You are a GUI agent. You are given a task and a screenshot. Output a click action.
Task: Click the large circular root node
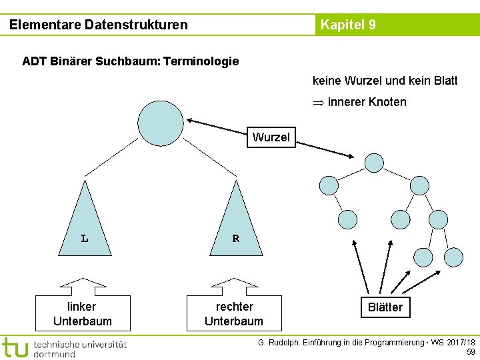160,123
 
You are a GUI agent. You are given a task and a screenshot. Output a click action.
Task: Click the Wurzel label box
271,137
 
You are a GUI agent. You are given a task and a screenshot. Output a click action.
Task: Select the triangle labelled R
236,220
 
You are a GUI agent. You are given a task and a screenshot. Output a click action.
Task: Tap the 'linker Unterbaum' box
82,314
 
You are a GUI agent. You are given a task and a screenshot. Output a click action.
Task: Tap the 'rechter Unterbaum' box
234,314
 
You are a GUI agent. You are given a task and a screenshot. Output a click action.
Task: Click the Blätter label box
385,307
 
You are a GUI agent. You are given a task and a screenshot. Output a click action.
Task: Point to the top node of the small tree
374,163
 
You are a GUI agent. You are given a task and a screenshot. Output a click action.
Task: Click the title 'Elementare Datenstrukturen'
99,25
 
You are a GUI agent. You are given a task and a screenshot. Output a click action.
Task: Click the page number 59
471,352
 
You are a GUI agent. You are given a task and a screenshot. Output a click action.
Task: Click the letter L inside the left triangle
85,238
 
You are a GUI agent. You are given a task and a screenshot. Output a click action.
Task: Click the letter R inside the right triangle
235,238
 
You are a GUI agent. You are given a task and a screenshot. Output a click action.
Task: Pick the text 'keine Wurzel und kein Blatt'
385,81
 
